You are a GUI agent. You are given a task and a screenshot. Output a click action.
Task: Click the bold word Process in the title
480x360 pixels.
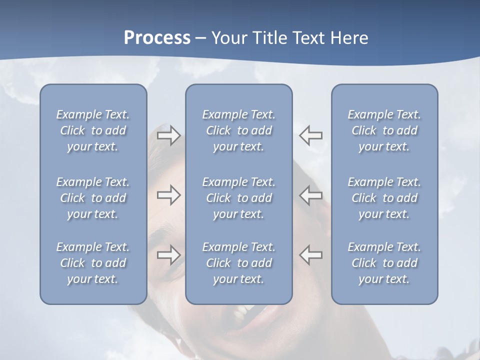(x=157, y=38)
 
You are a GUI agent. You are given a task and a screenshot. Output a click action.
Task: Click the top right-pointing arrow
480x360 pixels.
(x=168, y=135)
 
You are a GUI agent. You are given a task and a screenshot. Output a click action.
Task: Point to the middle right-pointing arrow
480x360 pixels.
(x=168, y=195)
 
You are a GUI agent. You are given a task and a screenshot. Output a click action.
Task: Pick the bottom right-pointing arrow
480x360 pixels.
(x=168, y=254)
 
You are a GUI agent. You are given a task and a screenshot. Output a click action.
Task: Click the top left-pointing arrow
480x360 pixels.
(x=311, y=135)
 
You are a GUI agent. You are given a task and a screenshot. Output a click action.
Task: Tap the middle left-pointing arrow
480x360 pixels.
(x=311, y=195)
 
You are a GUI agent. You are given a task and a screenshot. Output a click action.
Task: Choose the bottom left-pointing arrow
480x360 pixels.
(x=311, y=254)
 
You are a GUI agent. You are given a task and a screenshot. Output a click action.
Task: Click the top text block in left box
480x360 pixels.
(x=93, y=130)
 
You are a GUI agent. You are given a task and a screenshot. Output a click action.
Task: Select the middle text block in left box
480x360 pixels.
(x=93, y=198)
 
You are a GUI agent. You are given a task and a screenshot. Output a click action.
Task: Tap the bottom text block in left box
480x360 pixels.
(x=93, y=263)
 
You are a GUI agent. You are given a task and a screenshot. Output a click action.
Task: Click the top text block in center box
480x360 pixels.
(x=238, y=130)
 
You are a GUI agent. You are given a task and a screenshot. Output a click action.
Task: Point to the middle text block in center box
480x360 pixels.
(x=238, y=198)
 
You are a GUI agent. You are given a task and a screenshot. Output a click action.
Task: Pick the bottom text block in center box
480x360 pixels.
(x=238, y=263)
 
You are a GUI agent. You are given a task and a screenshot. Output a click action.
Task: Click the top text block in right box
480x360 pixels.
(x=384, y=130)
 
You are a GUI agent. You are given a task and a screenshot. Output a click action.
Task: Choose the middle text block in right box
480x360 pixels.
(x=384, y=198)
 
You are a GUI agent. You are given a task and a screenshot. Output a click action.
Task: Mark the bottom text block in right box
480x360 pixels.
(x=384, y=263)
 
